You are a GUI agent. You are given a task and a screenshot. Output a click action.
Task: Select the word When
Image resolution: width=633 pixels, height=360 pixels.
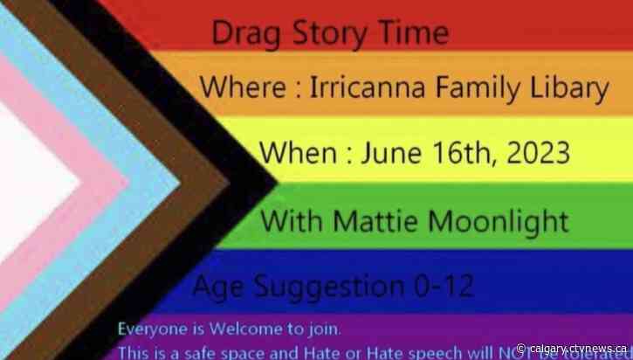pos(298,154)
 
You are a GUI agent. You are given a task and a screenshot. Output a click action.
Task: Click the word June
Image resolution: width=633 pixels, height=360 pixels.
pos(394,154)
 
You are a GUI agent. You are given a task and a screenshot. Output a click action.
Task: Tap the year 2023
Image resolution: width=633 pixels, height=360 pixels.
pos(540,154)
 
